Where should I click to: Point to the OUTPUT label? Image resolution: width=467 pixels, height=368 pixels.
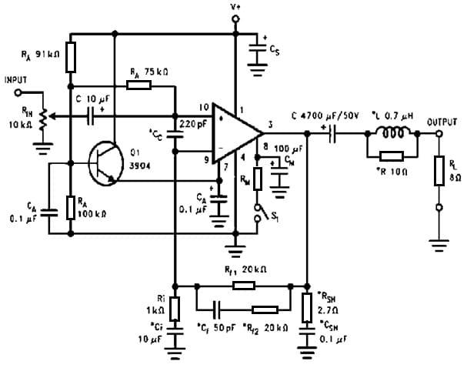tap(442, 122)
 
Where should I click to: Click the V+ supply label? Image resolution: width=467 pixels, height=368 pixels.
tap(235, 7)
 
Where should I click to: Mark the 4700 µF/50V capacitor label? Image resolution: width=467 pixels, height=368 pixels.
tap(326, 115)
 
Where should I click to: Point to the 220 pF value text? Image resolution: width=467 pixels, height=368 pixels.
tap(192, 122)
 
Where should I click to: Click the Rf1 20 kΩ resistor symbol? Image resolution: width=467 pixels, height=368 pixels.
tap(243, 285)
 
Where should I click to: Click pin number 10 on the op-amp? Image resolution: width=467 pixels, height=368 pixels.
tap(205, 106)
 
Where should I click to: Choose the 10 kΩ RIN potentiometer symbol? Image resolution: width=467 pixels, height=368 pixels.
tap(44, 117)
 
